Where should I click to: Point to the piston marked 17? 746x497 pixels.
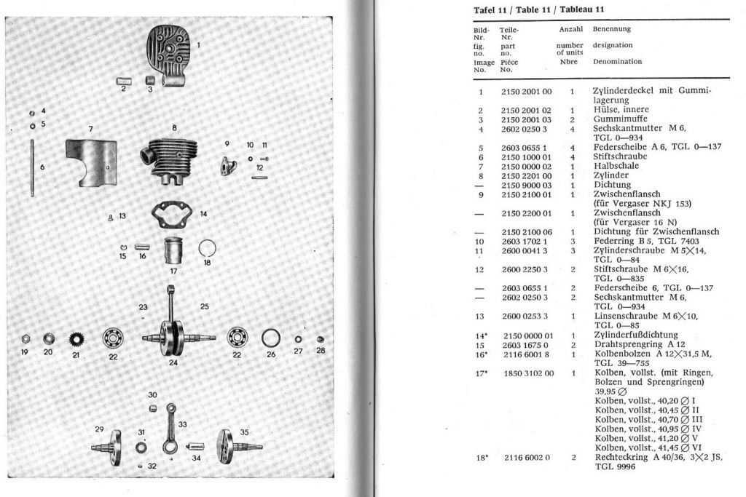pos(173,253)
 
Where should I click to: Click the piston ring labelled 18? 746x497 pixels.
pos(208,248)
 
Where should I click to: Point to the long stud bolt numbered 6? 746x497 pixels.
pos(34,168)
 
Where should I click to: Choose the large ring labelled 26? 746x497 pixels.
pos(270,338)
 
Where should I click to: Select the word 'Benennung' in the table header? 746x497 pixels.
pos(611,29)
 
